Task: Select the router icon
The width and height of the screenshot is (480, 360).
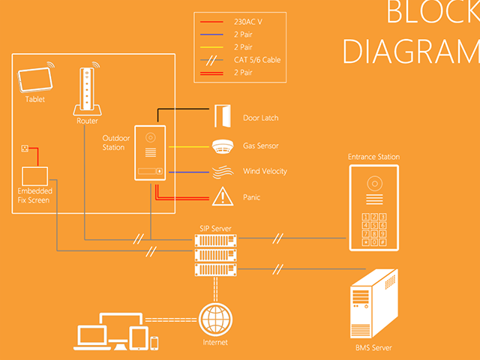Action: click(87, 91)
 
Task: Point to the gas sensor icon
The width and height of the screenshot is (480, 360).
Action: click(221, 145)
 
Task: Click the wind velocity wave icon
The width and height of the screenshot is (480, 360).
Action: click(221, 172)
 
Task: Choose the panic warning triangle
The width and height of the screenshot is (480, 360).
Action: click(221, 197)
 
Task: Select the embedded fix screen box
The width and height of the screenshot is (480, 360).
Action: click(34, 175)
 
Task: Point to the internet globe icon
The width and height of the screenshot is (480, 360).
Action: click(214, 319)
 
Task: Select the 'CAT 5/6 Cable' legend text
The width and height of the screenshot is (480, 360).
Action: click(257, 59)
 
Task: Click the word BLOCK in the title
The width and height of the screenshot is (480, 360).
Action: click(432, 13)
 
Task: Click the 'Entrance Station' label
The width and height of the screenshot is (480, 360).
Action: click(373, 157)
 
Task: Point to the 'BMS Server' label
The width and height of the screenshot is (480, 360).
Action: click(373, 348)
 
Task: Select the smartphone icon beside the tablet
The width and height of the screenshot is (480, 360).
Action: click(154, 343)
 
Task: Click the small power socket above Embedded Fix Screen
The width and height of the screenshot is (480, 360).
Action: click(25, 148)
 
